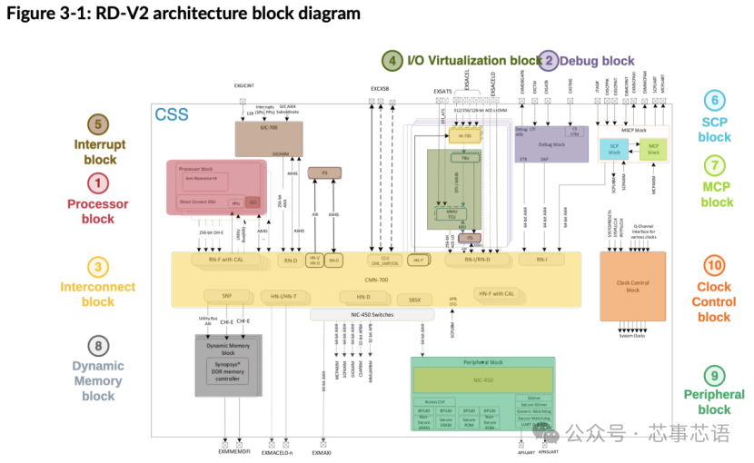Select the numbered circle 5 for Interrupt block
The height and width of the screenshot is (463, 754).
[x=99, y=124]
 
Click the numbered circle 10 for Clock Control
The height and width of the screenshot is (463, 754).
[x=714, y=265]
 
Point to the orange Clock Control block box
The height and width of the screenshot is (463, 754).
[x=632, y=283]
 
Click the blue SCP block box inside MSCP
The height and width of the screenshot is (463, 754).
[x=614, y=150]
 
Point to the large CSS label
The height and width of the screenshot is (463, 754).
[x=173, y=114]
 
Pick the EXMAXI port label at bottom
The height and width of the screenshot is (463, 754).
[x=324, y=450]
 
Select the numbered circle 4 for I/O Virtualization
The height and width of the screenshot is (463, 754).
[x=392, y=61]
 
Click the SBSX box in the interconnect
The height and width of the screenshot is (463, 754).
[x=415, y=299]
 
